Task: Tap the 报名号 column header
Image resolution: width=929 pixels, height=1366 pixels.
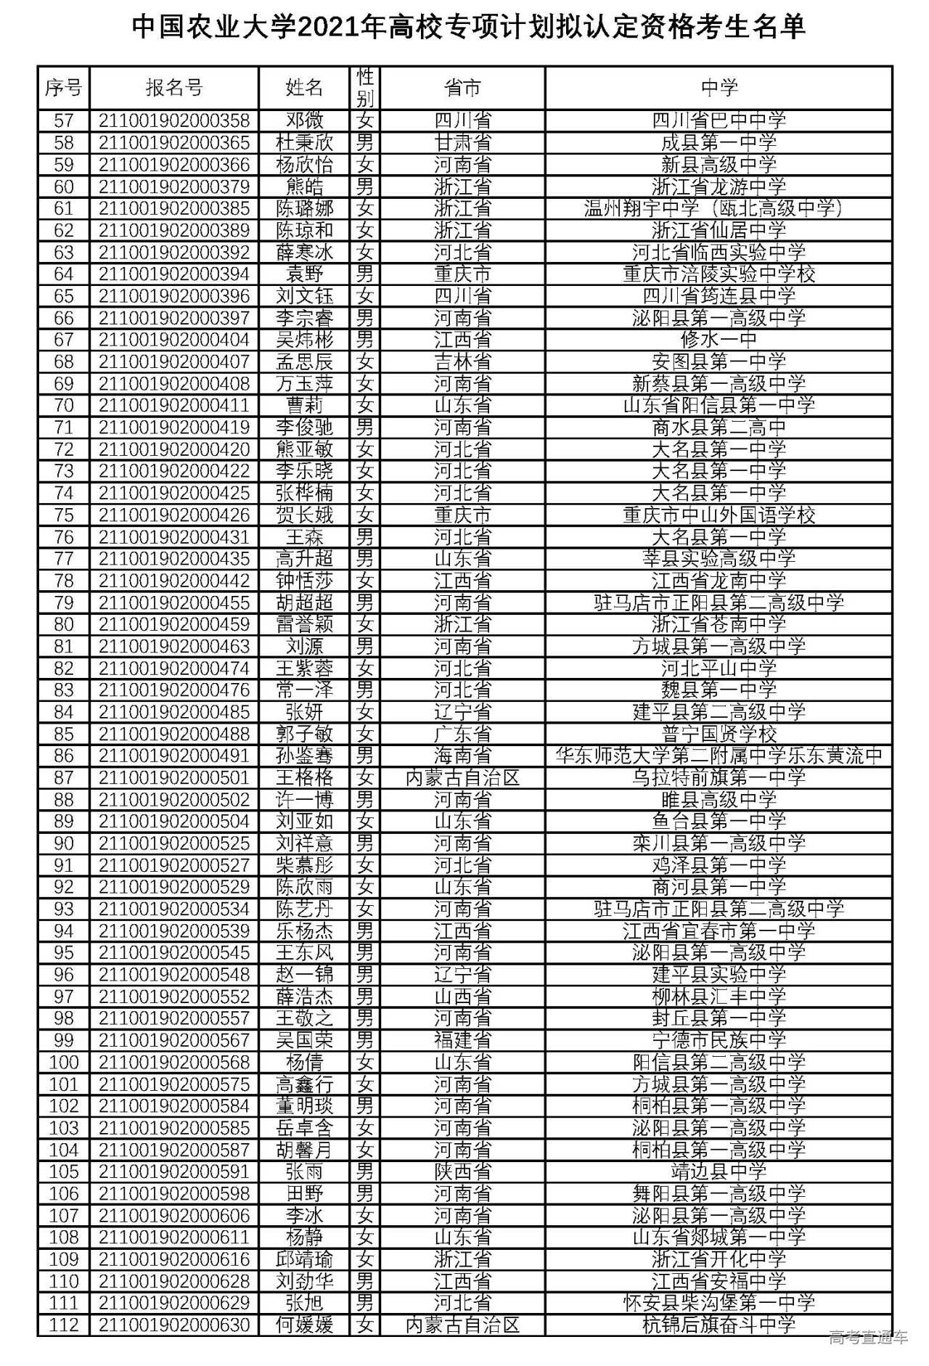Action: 174,88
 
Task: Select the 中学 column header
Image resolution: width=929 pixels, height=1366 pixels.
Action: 719,88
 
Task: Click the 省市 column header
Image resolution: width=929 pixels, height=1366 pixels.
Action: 462,88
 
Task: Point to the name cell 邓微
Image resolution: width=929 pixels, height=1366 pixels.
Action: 305,120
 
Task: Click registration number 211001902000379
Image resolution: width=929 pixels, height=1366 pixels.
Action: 174,187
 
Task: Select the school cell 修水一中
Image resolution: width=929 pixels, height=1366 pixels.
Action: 719,340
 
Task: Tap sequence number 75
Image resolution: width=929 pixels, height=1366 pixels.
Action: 64,515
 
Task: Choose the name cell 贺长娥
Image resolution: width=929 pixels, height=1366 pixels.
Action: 305,515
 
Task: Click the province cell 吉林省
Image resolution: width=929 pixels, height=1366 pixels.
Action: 462,361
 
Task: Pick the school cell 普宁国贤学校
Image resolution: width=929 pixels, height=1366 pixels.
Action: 719,734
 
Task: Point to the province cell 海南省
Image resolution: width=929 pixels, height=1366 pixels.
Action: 462,756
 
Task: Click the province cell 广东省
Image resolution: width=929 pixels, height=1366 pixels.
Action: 462,734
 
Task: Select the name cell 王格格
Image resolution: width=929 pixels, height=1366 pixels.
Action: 305,778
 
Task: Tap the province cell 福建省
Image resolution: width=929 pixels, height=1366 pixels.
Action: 462,1040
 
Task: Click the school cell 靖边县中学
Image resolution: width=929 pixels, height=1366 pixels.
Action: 719,1171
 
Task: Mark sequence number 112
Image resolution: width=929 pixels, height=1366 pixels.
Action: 64,1325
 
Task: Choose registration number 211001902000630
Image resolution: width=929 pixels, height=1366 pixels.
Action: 174,1325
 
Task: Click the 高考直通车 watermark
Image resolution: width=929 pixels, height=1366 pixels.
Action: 868,1336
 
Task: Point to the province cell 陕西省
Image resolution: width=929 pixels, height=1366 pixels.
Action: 462,1171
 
